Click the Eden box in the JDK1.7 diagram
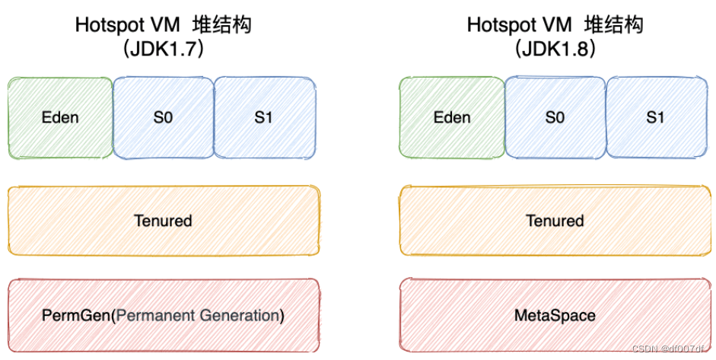click(60, 117)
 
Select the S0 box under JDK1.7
click(163, 117)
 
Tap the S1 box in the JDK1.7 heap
click(265, 117)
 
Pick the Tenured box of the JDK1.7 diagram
click(163, 221)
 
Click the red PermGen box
click(163, 314)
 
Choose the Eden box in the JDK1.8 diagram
click(452, 117)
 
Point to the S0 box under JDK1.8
click(555, 117)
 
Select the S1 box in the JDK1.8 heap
click(655, 117)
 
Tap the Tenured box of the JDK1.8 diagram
click(555, 221)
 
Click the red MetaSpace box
click(555, 314)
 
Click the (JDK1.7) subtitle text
click(163, 49)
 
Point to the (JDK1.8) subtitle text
click(555, 49)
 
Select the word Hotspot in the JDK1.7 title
click(107, 24)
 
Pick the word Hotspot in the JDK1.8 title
click(498, 24)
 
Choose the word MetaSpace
click(555, 315)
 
